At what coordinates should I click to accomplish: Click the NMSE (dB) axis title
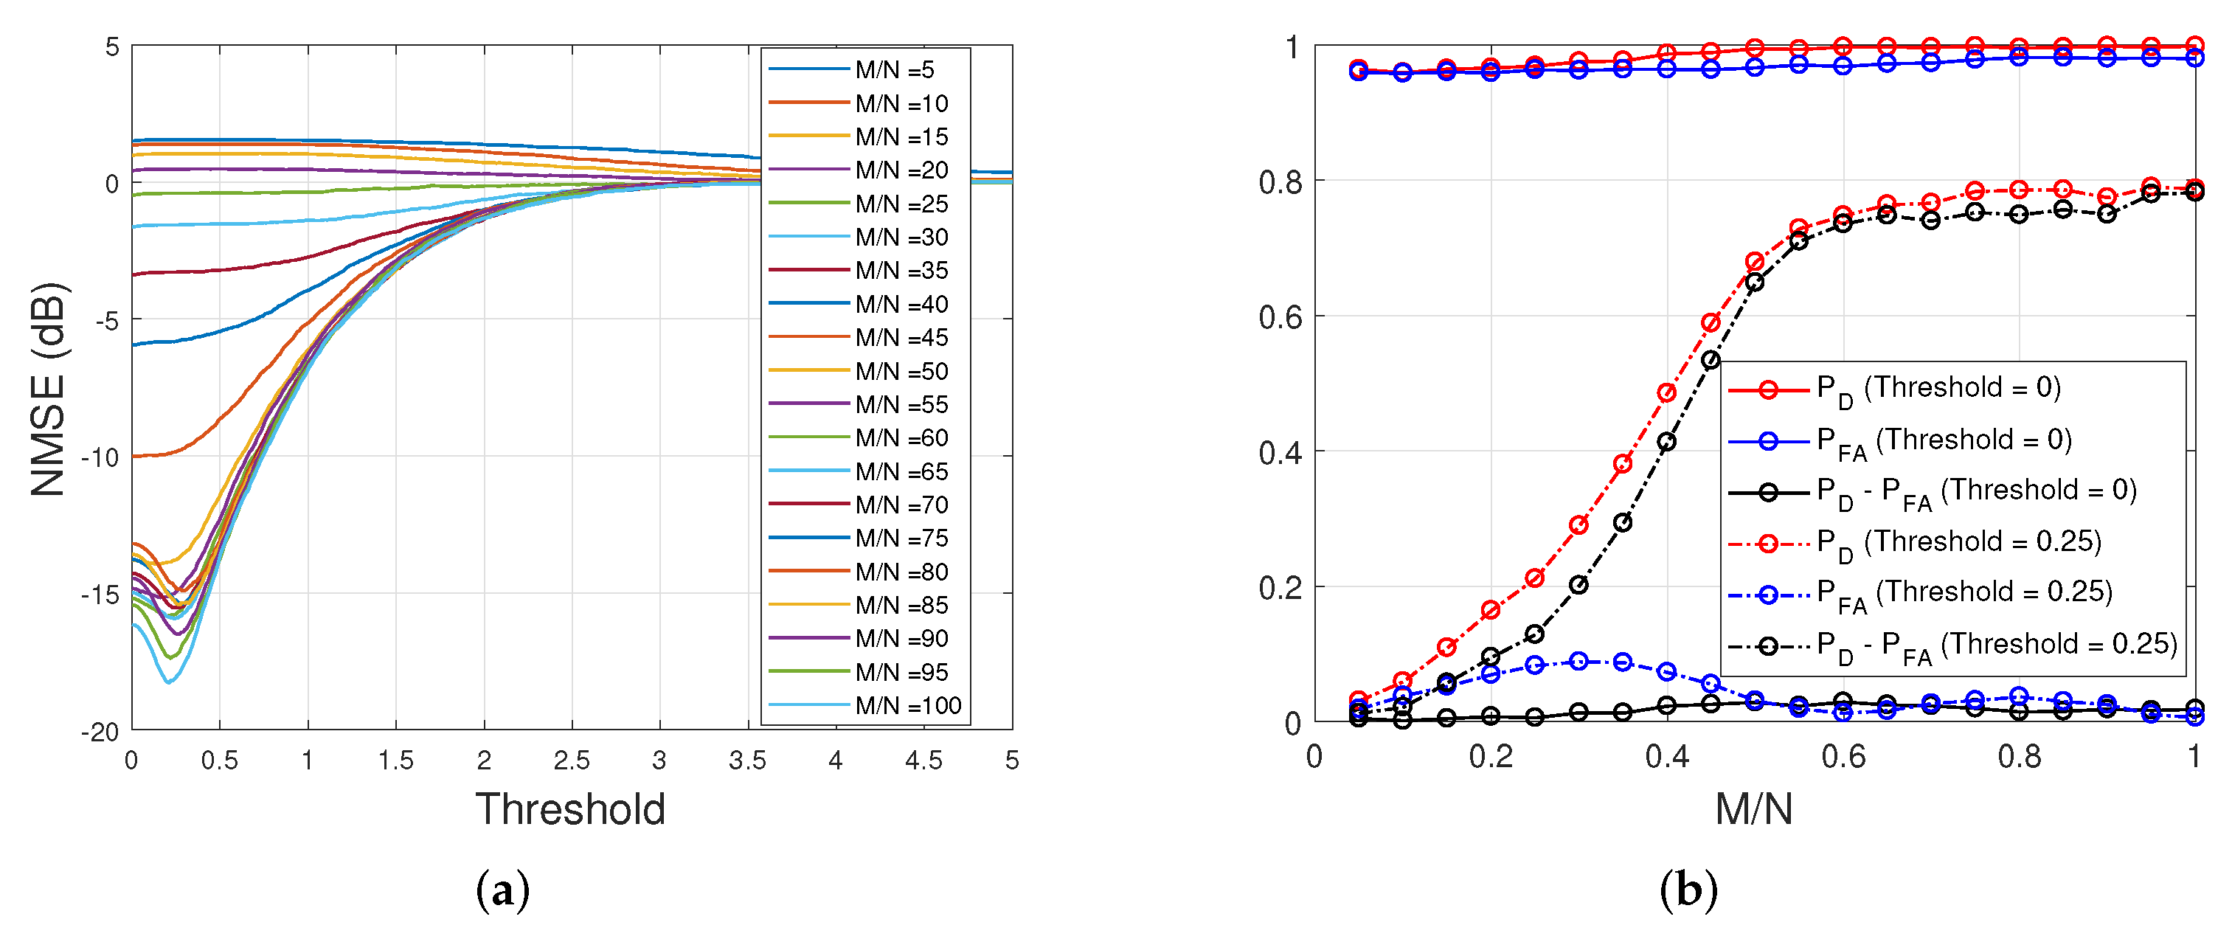[49, 389]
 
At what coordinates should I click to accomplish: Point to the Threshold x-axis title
[570, 809]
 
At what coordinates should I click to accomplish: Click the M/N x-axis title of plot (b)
[1754, 809]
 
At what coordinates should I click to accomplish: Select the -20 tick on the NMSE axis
[100, 733]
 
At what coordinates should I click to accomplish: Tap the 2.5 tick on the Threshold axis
[572, 761]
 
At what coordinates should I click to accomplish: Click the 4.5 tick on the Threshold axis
[923, 761]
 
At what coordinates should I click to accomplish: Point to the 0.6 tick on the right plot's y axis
[1280, 317]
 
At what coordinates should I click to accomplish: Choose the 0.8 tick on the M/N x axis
[2019, 758]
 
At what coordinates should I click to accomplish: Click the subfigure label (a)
[502, 890]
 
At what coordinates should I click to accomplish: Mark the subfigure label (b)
[1688, 890]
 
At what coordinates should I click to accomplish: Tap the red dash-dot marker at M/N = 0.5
[1755, 262]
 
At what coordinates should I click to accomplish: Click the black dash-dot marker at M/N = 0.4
[1666, 442]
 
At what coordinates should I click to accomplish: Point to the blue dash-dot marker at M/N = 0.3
[1578, 661]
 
